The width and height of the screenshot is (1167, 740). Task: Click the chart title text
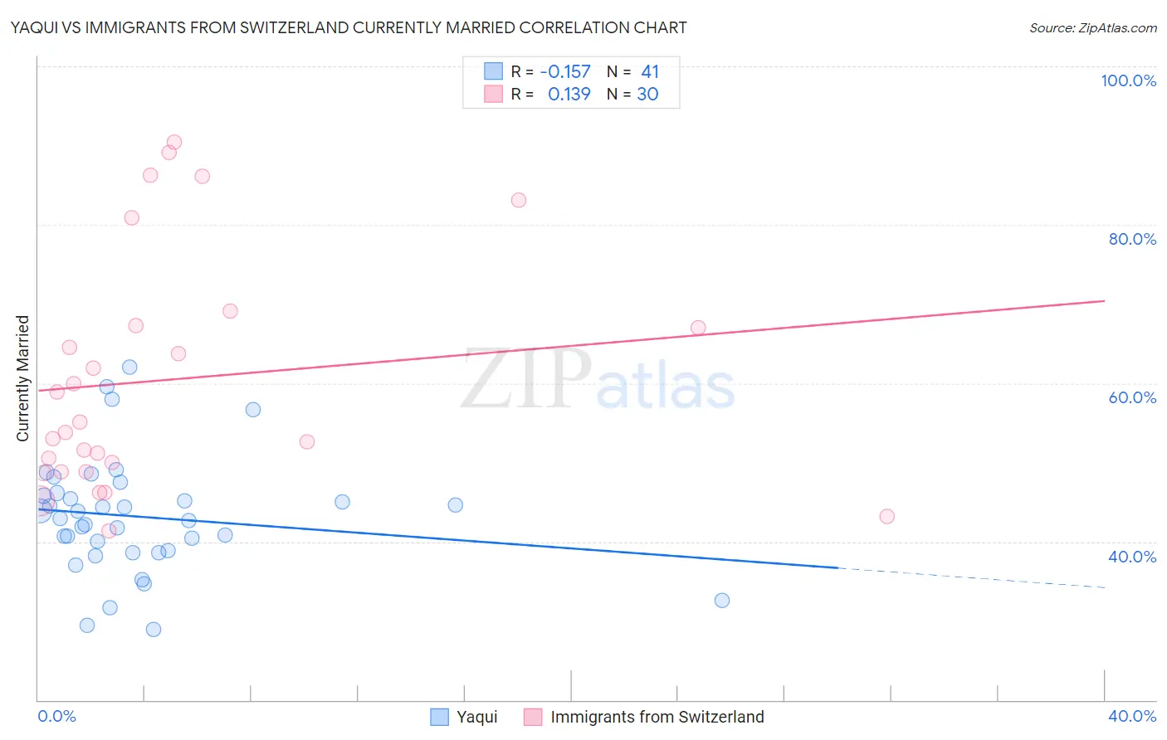[349, 27]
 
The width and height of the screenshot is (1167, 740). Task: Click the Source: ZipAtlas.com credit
[1092, 28]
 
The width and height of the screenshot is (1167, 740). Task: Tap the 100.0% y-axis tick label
[1128, 80]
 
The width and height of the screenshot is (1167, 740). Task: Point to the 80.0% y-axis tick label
[1132, 239]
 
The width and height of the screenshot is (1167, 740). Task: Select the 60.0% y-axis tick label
[1132, 397]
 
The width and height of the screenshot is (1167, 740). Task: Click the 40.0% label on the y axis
[1132, 557]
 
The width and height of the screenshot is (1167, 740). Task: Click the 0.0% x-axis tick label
[56, 716]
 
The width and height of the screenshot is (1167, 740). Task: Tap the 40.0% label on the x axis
[1132, 716]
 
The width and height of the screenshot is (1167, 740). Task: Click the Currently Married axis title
[22, 378]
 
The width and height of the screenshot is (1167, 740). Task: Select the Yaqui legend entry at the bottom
[476, 717]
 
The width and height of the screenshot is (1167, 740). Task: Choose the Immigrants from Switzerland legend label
[657, 717]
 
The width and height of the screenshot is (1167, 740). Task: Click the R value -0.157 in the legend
[564, 72]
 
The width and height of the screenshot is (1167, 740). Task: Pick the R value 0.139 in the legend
[569, 95]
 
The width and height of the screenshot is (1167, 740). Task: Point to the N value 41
[649, 72]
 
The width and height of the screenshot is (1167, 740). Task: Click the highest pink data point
[174, 143]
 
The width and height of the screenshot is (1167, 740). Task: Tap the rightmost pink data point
[886, 517]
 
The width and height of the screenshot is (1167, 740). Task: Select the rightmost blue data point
[722, 601]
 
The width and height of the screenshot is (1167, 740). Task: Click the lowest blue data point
[154, 630]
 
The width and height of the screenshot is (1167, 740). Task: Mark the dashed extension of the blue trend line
[971, 577]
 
